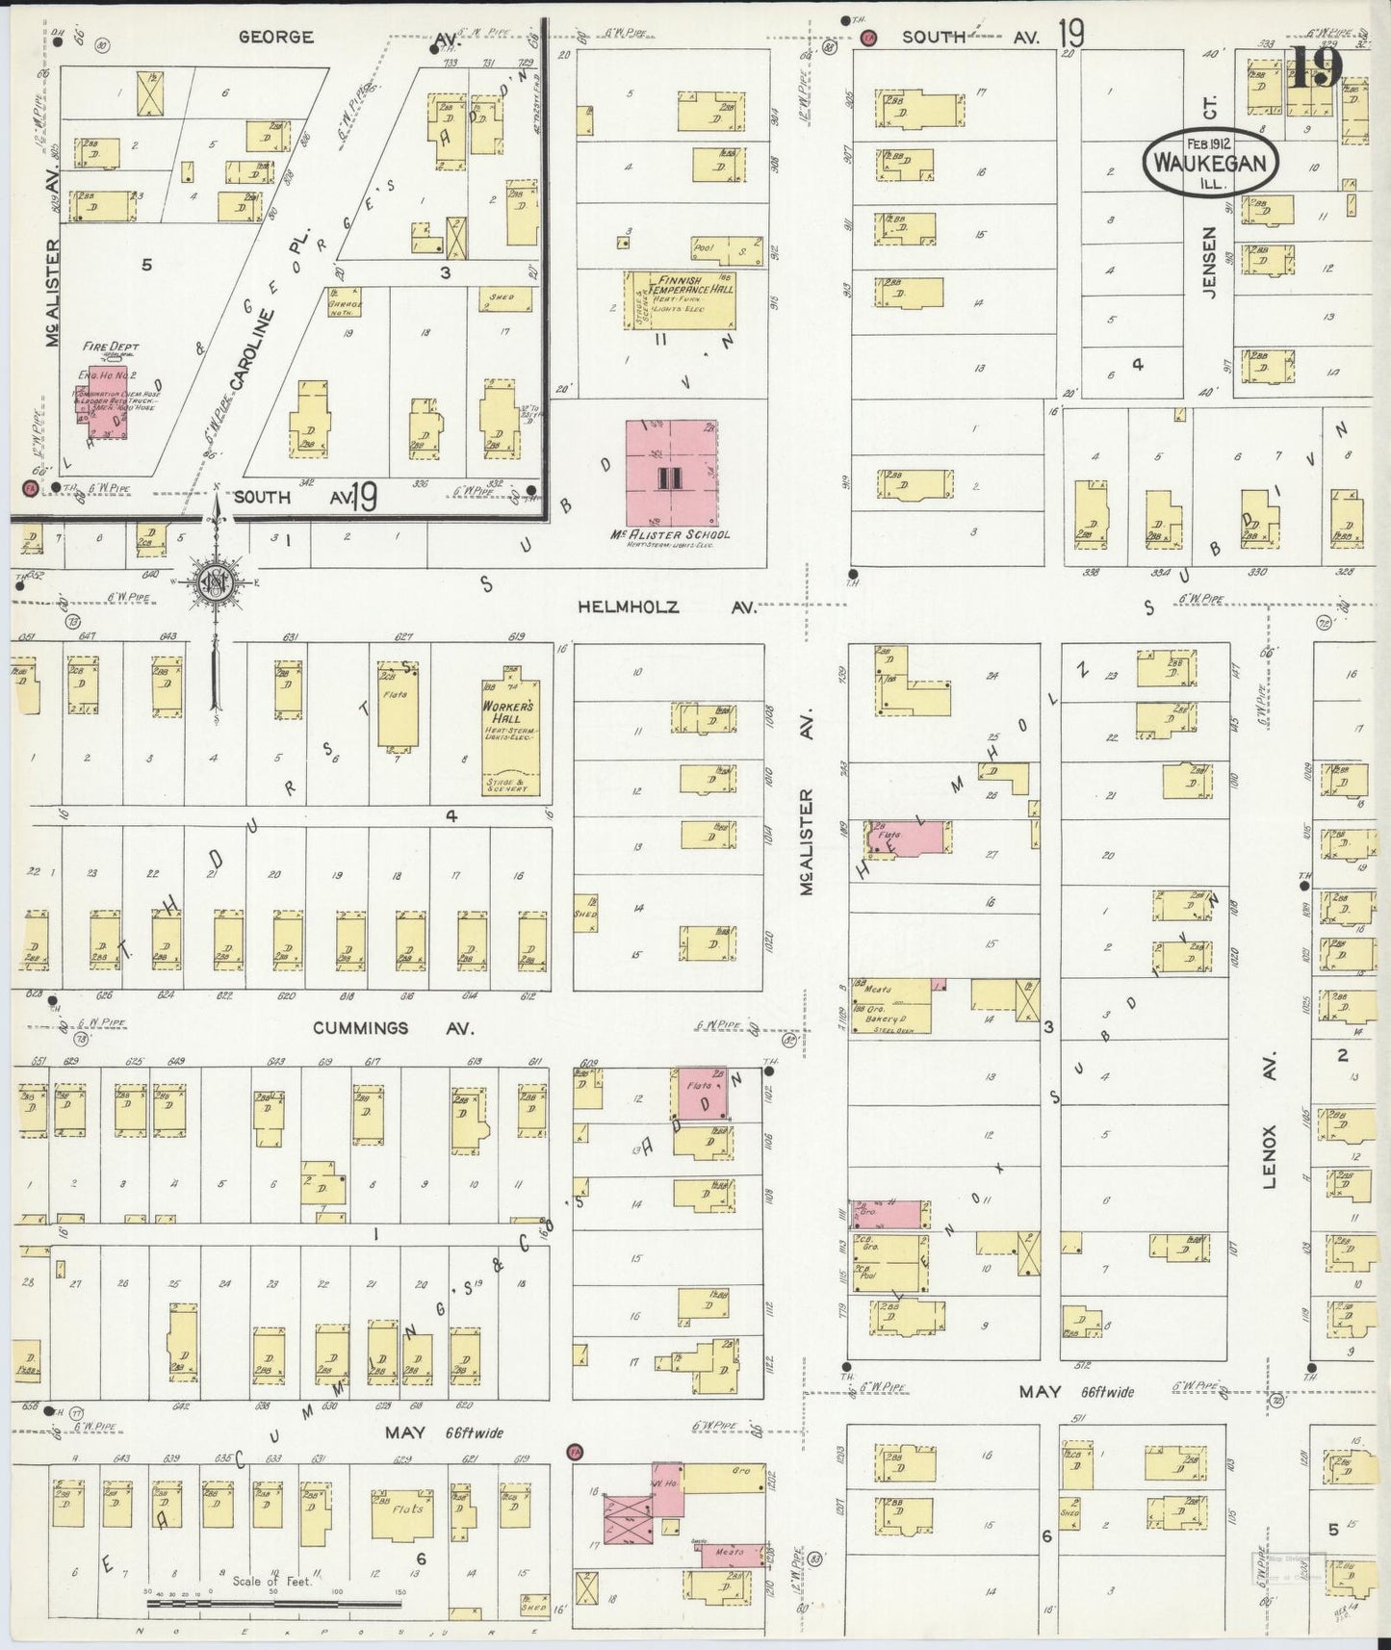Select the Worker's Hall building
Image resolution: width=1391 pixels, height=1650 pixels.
pos(510,736)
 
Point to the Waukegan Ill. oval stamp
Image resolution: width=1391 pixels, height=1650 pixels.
pos(1210,163)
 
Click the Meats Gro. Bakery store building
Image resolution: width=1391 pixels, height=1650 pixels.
pos(889,1006)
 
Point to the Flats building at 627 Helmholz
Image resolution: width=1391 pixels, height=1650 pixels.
pos(397,708)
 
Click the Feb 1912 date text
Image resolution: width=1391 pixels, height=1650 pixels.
pos(1210,143)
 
